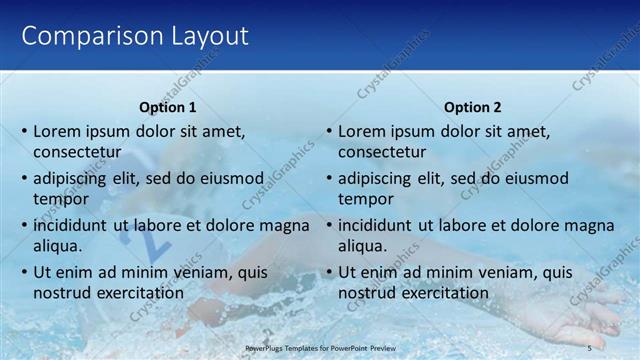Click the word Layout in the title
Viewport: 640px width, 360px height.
(201, 37)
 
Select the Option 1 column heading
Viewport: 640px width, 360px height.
(167, 107)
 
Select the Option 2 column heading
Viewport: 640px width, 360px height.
(472, 107)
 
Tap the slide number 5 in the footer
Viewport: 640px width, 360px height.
(589, 347)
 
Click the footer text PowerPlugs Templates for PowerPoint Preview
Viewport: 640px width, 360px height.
(319, 347)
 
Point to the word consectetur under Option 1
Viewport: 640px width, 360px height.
(77, 153)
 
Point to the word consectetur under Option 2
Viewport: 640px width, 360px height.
(382, 153)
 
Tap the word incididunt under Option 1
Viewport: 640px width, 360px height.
(71, 225)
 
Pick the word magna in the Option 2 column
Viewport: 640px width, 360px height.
(589, 225)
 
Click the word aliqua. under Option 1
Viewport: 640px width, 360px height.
(57, 246)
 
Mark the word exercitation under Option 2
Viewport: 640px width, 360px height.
(442, 293)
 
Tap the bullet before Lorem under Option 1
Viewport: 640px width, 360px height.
(24, 132)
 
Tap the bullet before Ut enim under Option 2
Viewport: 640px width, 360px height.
(329, 272)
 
